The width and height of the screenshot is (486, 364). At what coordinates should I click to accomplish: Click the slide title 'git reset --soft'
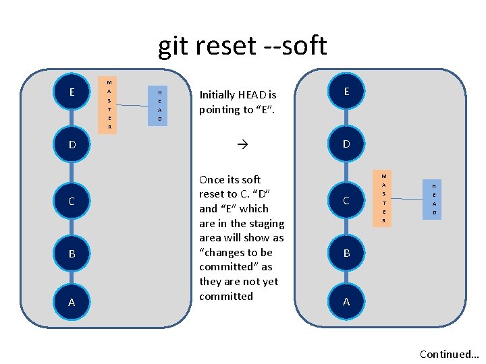pyautogui.click(x=242, y=46)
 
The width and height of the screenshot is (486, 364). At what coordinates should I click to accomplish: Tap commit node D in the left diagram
pyautogui.click(x=72, y=144)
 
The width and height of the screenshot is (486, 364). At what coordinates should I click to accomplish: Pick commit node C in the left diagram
pyautogui.click(x=72, y=201)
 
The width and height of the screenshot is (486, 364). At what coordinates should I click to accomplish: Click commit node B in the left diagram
pyautogui.click(x=72, y=254)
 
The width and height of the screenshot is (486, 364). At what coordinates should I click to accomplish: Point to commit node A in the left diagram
pyautogui.click(x=72, y=303)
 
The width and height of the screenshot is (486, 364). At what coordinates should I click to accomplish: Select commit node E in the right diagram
pyautogui.click(x=346, y=91)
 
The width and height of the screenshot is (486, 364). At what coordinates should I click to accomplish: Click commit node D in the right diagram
pyautogui.click(x=346, y=144)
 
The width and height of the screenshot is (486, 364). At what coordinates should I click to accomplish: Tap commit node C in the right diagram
pyautogui.click(x=346, y=201)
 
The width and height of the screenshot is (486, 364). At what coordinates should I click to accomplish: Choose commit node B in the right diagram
pyautogui.click(x=346, y=254)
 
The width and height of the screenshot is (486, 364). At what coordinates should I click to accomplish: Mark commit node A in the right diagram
pyautogui.click(x=346, y=301)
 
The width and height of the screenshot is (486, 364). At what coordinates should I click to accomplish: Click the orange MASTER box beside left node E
pyautogui.click(x=109, y=104)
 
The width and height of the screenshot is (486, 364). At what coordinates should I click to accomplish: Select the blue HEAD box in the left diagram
pyautogui.click(x=160, y=105)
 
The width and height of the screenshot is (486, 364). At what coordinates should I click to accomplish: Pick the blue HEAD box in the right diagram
pyautogui.click(x=434, y=199)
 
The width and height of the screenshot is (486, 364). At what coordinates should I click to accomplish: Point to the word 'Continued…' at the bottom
pyautogui.click(x=449, y=354)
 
